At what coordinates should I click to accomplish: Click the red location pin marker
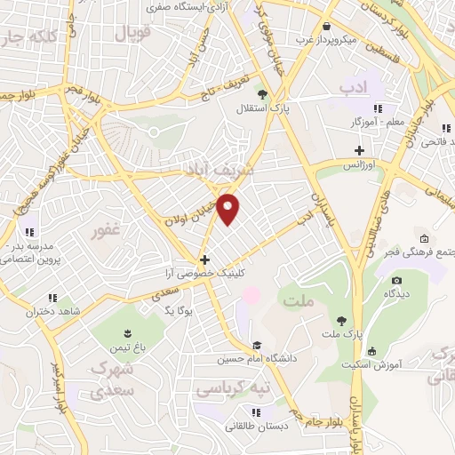pos(229,209)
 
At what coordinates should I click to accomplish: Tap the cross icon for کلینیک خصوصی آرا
pos(205,260)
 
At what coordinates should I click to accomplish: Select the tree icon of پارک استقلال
pos(262,92)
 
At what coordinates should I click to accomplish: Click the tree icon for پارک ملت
pos(342,320)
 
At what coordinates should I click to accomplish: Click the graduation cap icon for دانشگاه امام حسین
pos(257,346)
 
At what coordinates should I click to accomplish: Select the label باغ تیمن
pos(118,347)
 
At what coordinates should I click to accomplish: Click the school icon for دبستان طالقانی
pos(257,411)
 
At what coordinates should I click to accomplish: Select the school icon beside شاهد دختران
pos(52,298)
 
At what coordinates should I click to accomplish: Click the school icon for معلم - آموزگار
pos(377,108)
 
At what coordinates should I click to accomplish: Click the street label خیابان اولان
pos(190,213)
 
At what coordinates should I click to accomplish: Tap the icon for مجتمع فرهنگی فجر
pos(424,239)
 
